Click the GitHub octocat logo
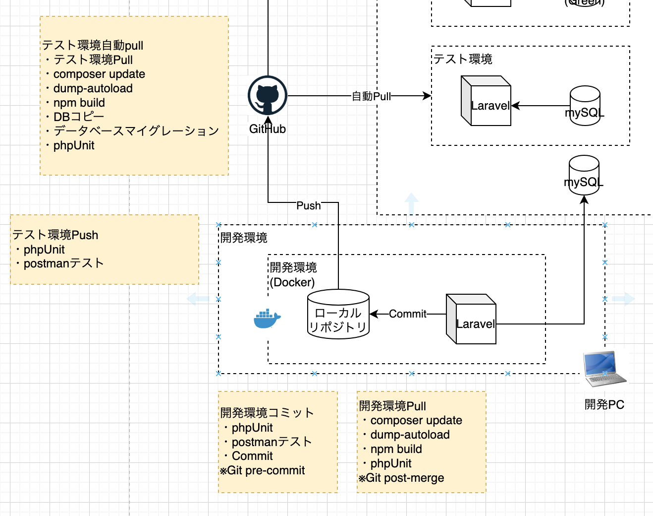pyautogui.click(x=268, y=96)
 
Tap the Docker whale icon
pyautogui.click(x=267, y=319)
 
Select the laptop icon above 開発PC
pyautogui.click(x=604, y=369)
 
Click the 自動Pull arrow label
pyautogui.click(x=371, y=96)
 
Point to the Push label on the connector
pyautogui.click(x=308, y=205)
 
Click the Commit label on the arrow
pyautogui.click(x=407, y=314)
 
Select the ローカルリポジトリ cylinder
pyautogui.click(x=338, y=315)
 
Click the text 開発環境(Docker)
pyautogui.click(x=293, y=275)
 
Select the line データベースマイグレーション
pyautogui.click(x=136, y=131)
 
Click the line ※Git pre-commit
pyautogui.click(x=263, y=470)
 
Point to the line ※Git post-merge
pyautogui.click(x=401, y=478)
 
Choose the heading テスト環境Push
pyautogui.click(x=55, y=235)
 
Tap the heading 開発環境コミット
pyautogui.click(x=267, y=413)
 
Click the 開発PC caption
pyautogui.click(x=604, y=404)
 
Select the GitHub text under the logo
pyautogui.click(x=268, y=129)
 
